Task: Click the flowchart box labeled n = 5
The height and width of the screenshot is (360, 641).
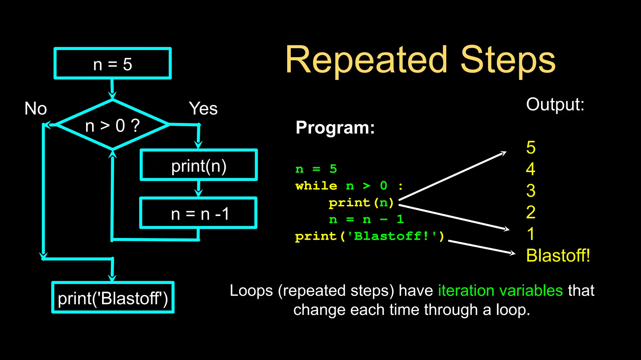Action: click(112, 63)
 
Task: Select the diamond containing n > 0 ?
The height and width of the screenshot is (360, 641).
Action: click(112, 125)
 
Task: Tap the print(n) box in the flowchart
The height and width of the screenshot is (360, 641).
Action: click(198, 165)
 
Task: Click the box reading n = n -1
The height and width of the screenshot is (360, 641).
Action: click(198, 213)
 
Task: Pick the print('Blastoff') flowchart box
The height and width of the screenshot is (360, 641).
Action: click(113, 297)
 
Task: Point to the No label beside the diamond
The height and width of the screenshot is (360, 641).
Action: click(36, 108)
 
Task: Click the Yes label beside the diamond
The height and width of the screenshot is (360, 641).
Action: click(203, 108)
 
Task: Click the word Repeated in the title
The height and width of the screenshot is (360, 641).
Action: click(366, 60)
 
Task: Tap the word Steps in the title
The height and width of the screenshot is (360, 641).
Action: click(508, 60)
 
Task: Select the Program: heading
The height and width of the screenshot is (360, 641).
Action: click(335, 127)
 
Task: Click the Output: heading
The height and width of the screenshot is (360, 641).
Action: click(555, 104)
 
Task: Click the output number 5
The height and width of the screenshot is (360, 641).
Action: click(531, 147)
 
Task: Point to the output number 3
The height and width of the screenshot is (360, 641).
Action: click(531, 190)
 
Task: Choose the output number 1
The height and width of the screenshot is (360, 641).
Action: click(531, 234)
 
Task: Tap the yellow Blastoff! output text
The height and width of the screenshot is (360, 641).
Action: click(558, 255)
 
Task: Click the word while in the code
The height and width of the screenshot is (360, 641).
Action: click(316, 186)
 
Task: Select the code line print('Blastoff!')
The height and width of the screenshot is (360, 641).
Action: click(369, 236)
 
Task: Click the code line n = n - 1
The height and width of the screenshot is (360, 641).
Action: click(366, 219)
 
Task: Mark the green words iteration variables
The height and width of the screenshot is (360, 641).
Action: click(500, 290)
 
